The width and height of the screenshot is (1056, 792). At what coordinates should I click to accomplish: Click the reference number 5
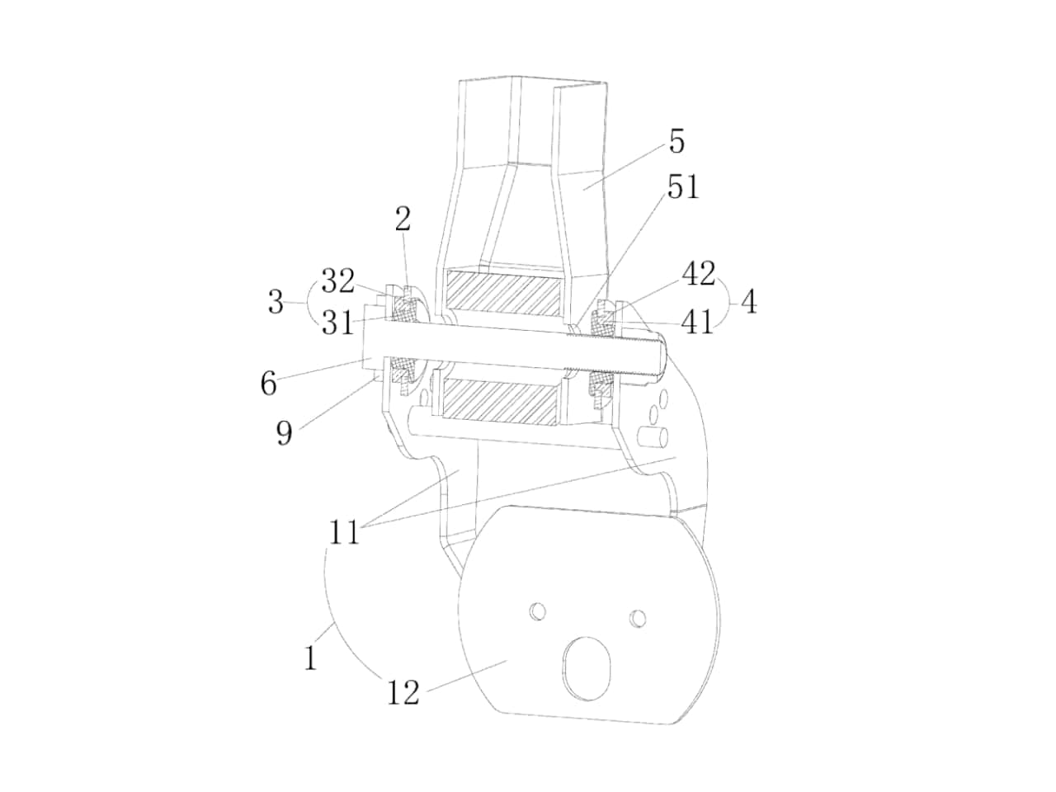[676, 141]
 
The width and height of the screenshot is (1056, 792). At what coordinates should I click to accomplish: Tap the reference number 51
[682, 186]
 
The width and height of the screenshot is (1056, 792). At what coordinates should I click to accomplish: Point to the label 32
[337, 280]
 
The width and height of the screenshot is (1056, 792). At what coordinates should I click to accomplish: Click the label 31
[337, 323]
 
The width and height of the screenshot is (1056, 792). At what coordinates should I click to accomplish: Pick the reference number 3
[276, 302]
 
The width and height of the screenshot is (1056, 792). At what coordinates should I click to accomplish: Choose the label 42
[699, 274]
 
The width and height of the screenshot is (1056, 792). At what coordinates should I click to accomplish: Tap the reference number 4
[749, 302]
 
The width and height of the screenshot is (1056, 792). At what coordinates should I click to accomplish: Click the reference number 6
[268, 384]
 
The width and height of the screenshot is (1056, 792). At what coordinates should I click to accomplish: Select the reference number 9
[285, 432]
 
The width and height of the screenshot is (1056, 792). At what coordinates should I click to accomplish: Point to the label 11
[345, 532]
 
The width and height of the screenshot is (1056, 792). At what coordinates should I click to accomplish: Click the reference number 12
[403, 692]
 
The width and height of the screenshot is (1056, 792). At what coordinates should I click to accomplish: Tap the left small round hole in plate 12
[538, 611]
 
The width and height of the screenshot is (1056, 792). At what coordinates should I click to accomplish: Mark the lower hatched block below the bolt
[500, 402]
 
